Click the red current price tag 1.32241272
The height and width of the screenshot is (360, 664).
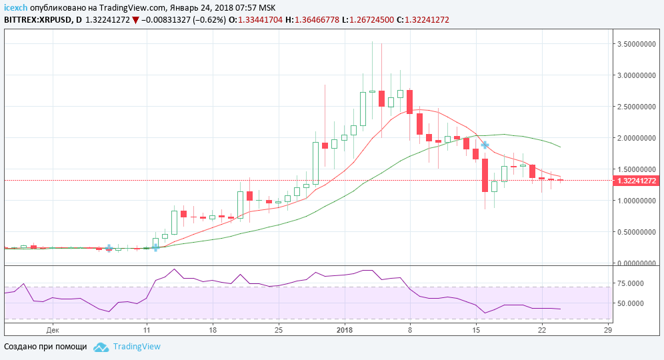pyautogui.click(x=637, y=181)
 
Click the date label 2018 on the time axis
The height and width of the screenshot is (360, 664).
pyautogui.click(x=345, y=329)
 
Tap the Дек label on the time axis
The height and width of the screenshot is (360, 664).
pyautogui.click(x=53, y=329)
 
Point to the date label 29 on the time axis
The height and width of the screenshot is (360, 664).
pyautogui.click(x=607, y=329)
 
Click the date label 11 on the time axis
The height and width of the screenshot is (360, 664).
pyautogui.click(x=146, y=329)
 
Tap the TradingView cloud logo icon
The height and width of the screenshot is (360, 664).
pyautogui.click(x=101, y=347)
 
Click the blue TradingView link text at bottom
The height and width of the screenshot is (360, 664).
pyautogui.click(x=137, y=347)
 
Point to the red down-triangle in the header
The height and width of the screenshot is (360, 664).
pyautogui.click(x=136, y=20)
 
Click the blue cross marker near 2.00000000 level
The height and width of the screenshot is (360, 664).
pyautogui.click(x=485, y=145)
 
